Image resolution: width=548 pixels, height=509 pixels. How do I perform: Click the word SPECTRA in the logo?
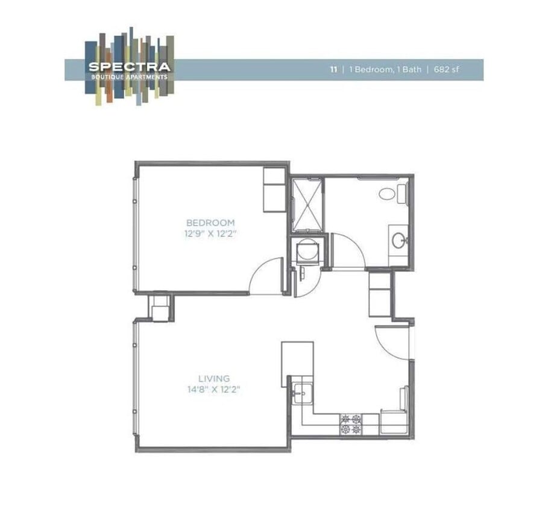pos(129,67)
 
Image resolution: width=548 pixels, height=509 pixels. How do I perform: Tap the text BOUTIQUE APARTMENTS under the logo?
pos(129,77)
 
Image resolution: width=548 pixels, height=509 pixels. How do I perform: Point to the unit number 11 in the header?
pos(333,69)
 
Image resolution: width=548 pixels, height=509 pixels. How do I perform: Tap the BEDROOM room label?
pos(210,222)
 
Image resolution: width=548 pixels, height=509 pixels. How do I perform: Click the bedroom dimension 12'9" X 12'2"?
pos(210,233)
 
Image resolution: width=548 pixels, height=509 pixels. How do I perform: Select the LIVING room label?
pos(213,379)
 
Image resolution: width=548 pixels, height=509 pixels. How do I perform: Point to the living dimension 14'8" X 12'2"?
pos(213,390)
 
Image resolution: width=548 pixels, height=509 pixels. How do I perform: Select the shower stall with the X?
pos(307,205)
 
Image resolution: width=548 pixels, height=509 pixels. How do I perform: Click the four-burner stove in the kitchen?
pos(351,424)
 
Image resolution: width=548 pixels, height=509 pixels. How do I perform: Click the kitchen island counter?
pos(297,364)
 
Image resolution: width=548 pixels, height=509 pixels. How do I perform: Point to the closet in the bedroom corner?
pos(275,189)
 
